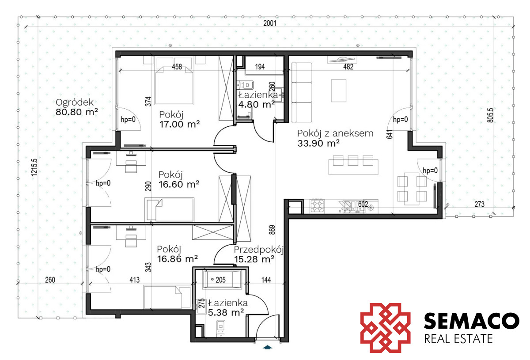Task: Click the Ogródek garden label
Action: (x=75, y=102)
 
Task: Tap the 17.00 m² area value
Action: (x=180, y=124)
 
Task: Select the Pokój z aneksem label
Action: (x=335, y=133)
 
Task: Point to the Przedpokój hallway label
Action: (x=259, y=250)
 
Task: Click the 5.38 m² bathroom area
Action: (x=226, y=313)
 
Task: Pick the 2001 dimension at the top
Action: (x=270, y=23)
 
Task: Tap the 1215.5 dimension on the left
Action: (x=34, y=167)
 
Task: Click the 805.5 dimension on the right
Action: (x=491, y=115)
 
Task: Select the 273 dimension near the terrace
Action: (x=479, y=204)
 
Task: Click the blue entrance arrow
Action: (x=267, y=347)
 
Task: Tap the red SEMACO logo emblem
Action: (x=385, y=328)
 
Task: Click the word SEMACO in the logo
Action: (x=472, y=321)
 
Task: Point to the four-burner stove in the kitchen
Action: (x=317, y=206)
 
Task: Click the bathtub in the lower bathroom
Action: (x=222, y=280)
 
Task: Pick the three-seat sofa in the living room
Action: (x=301, y=93)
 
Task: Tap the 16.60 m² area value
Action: (x=179, y=184)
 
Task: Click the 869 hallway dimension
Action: (x=272, y=230)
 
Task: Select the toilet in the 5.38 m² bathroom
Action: (x=221, y=327)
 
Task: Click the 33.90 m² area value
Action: (x=318, y=144)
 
